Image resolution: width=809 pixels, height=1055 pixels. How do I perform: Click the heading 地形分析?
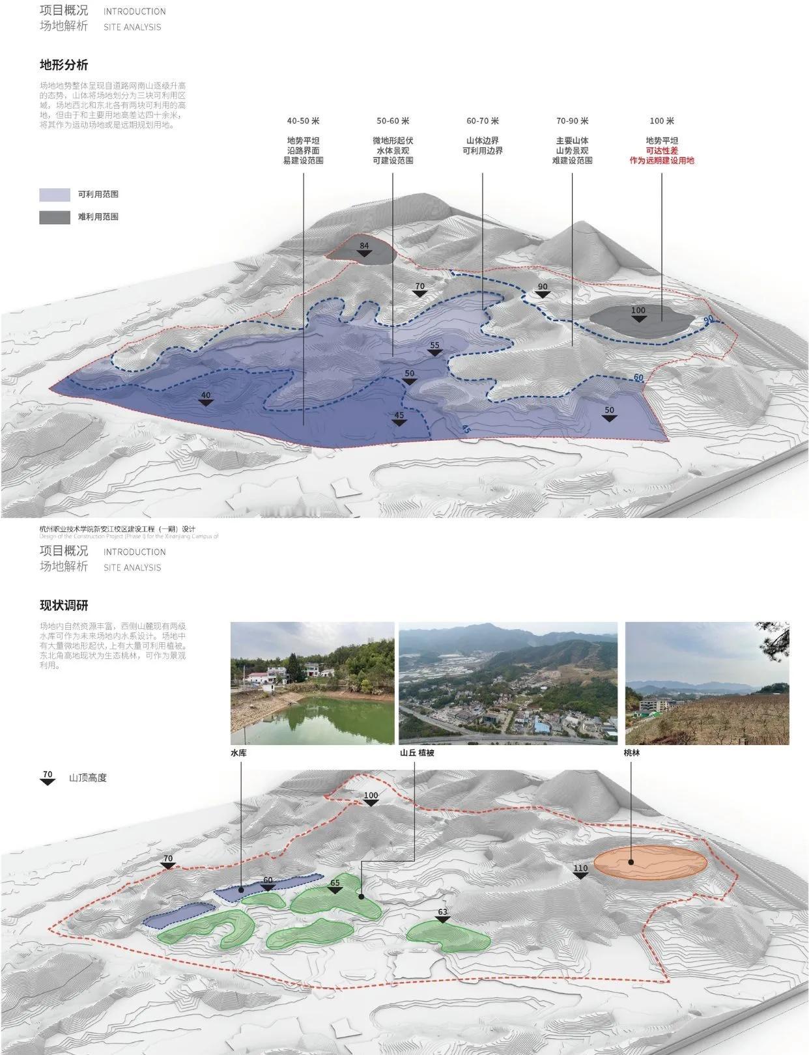pos(64,65)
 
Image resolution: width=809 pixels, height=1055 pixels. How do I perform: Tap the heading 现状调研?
pos(64,606)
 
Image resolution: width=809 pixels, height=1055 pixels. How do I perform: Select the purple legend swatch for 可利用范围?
pos(55,195)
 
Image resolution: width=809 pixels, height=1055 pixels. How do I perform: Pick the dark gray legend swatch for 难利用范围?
pos(55,217)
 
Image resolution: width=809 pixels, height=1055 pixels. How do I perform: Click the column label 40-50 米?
pos(303,121)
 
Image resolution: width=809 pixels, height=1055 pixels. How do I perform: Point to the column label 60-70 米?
pos(483,121)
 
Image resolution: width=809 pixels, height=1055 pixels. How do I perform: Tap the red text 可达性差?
pos(662,150)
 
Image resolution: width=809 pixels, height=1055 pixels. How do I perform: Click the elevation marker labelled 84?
pos(364,249)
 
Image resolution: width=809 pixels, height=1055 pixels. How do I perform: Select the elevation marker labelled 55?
pos(434,349)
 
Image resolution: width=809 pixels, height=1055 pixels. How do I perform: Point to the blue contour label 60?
pos(638,378)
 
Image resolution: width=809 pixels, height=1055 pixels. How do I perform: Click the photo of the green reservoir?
pos(312,683)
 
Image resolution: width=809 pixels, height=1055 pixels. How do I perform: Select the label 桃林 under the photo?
pos(632,753)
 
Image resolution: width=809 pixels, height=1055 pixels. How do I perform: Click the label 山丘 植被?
pos(417,753)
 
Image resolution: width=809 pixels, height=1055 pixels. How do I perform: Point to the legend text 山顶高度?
pos(87,778)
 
